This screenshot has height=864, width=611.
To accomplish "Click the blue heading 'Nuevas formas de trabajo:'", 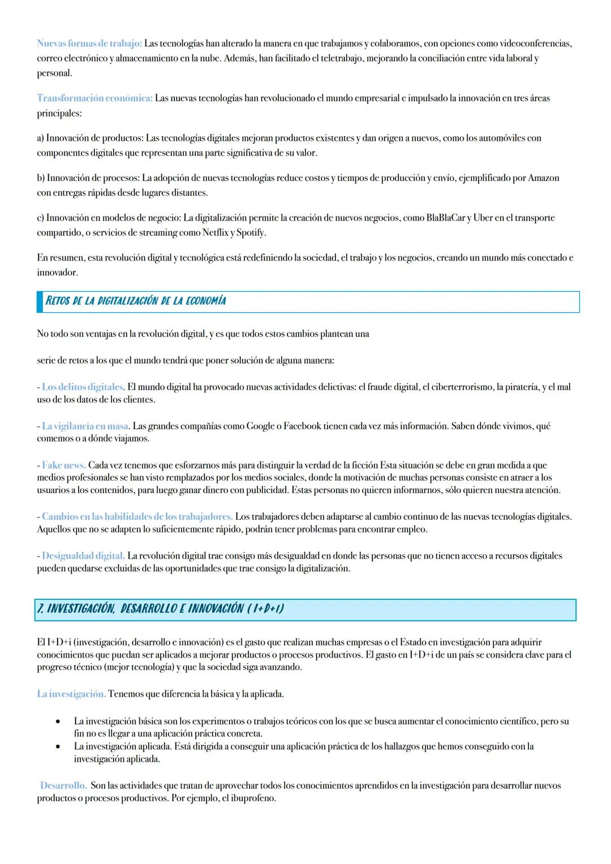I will (x=89, y=44).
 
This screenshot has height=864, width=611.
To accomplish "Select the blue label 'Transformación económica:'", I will (x=94, y=98).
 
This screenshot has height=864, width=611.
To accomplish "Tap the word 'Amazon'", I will (x=543, y=178).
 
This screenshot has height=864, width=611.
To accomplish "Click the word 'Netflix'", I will (x=214, y=232).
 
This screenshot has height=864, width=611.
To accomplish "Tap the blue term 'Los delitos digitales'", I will (x=83, y=387).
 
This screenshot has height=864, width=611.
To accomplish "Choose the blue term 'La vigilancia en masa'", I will (x=85, y=426).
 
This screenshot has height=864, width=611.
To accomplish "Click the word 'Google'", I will (x=261, y=426).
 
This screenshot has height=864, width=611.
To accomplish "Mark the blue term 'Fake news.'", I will (x=63, y=465).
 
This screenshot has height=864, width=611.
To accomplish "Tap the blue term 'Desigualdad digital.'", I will (x=83, y=556).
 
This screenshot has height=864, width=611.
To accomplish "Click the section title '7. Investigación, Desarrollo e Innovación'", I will (x=160, y=609).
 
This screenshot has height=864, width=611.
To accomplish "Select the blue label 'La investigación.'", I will (x=71, y=694).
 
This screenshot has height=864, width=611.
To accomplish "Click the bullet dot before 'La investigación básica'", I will (x=58, y=722).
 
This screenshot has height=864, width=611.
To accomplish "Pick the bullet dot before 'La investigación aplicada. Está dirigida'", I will (x=58, y=747).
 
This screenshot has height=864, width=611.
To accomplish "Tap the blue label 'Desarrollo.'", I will (x=63, y=786).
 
